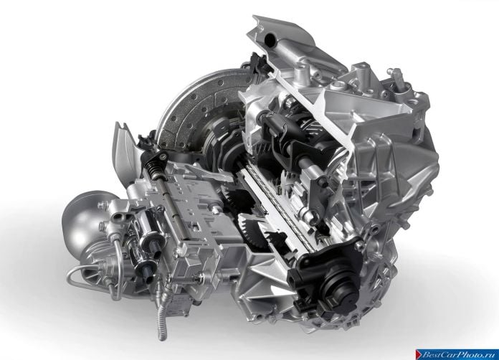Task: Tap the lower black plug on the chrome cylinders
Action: click(147, 272)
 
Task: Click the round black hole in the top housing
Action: click(270, 39)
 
